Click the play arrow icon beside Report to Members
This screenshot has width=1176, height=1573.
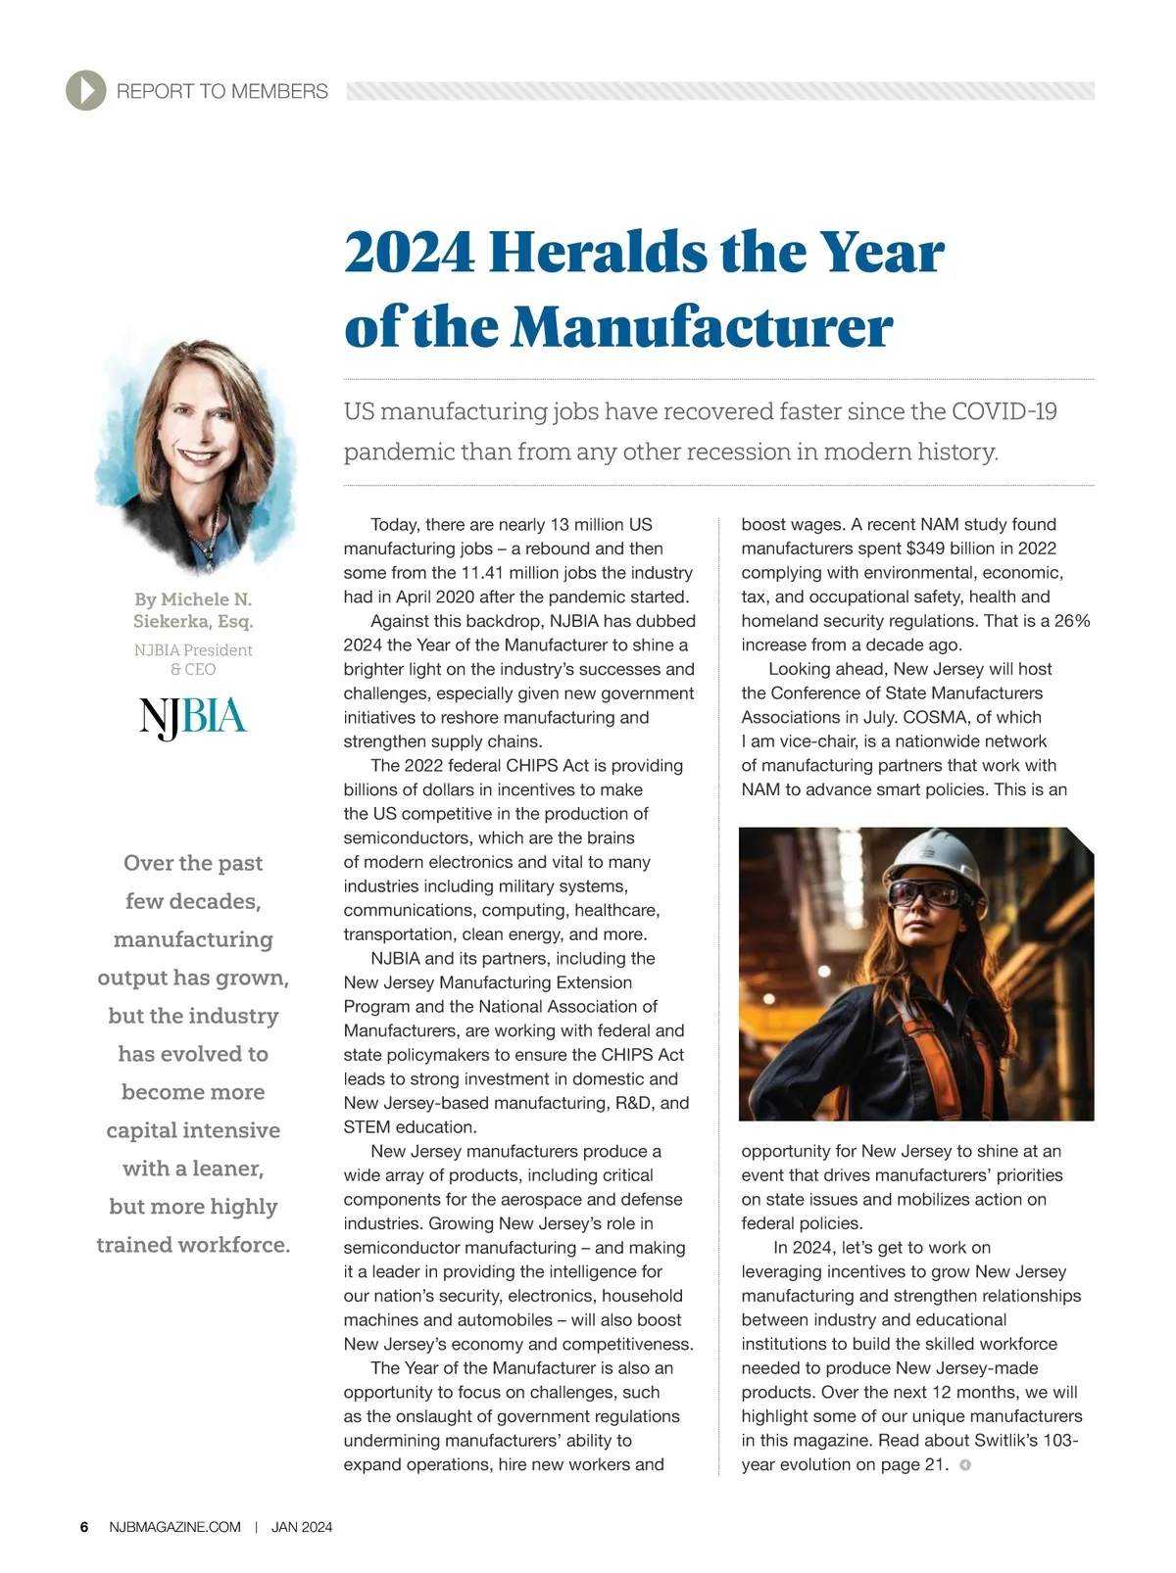86,91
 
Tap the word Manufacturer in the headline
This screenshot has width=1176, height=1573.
702,327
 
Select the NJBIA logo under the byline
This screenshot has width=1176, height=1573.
193,718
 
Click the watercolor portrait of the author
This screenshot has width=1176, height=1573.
194,455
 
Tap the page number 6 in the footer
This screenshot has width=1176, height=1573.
84,1527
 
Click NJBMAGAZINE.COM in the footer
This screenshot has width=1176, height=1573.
175,1527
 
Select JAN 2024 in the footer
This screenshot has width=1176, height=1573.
302,1527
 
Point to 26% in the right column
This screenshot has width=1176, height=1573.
1071,621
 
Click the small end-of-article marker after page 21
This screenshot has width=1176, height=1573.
965,1465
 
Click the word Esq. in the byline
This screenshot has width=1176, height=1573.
235,621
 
